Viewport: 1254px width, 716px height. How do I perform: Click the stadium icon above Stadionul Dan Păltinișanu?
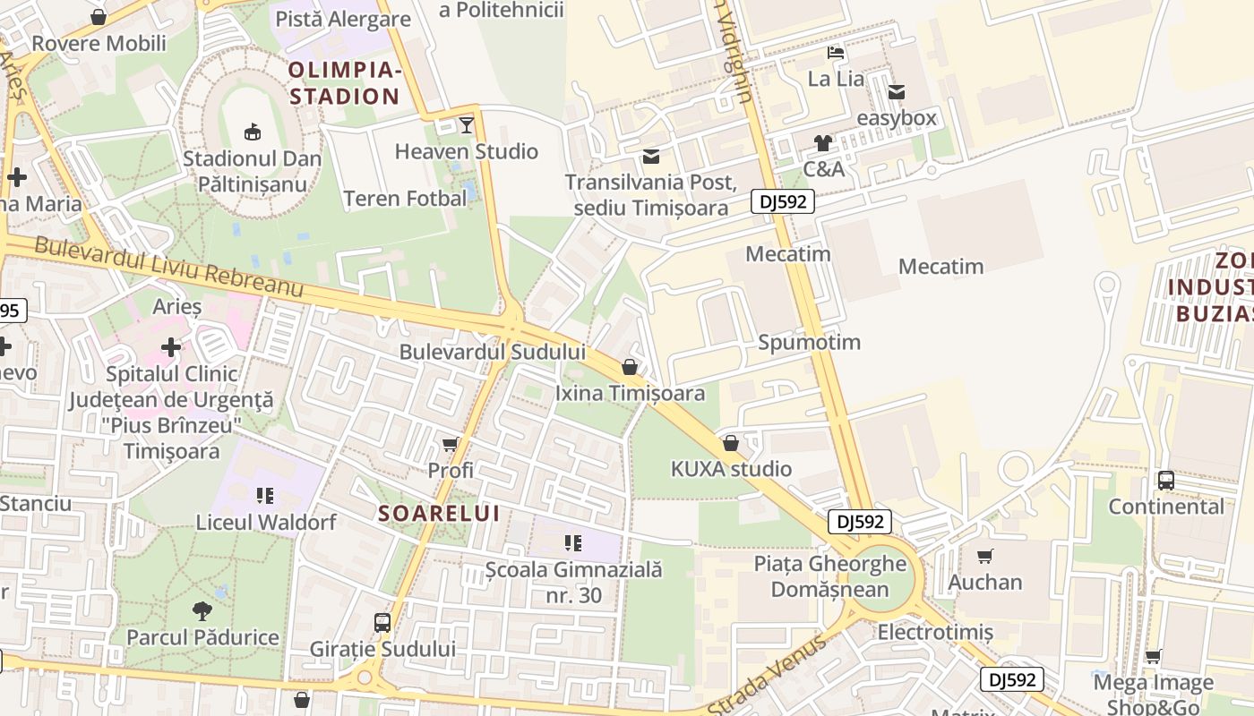click(x=253, y=132)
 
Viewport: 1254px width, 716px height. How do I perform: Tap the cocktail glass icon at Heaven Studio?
click(x=467, y=124)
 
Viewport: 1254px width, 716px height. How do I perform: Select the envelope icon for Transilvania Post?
click(x=651, y=157)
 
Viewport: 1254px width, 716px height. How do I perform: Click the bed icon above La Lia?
click(x=836, y=52)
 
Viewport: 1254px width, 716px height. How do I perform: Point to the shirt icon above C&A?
click(x=823, y=142)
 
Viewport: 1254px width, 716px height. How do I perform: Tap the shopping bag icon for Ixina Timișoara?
click(x=630, y=367)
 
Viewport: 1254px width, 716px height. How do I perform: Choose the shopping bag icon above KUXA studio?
click(x=731, y=443)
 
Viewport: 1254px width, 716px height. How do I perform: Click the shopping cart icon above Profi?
click(x=451, y=444)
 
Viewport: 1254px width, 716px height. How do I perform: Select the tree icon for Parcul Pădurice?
click(x=202, y=611)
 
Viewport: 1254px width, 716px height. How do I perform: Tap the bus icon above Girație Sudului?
click(x=382, y=622)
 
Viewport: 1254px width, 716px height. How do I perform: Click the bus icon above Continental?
click(x=1165, y=480)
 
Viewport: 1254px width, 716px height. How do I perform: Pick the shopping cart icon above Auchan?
click(x=985, y=556)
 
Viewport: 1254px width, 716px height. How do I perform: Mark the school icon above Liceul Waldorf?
click(x=264, y=495)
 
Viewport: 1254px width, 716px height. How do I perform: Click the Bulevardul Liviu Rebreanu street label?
click(x=169, y=265)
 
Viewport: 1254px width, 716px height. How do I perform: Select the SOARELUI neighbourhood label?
click(x=439, y=514)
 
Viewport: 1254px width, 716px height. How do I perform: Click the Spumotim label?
click(x=809, y=342)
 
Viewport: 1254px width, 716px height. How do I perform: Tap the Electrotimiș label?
click(x=935, y=632)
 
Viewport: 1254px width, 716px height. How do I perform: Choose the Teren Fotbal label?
click(x=405, y=199)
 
